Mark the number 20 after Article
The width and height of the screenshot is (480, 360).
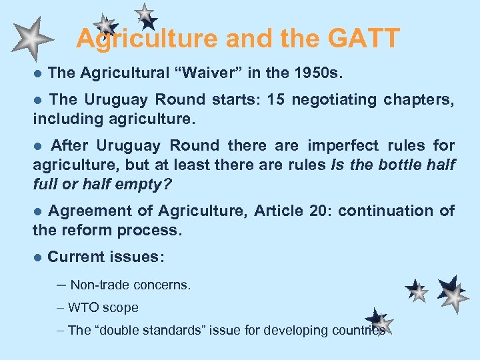coord(317,211)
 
